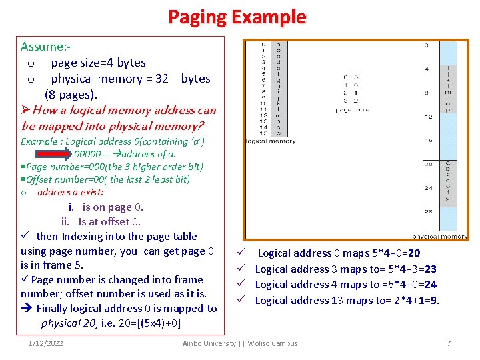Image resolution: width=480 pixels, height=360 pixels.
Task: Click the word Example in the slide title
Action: (269, 17)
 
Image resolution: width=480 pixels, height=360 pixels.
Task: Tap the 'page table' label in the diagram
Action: (352, 109)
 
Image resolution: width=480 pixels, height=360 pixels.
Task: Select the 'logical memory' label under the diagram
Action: (271, 141)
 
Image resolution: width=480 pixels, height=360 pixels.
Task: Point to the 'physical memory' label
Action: (439, 236)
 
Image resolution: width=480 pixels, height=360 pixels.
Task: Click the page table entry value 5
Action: (357, 77)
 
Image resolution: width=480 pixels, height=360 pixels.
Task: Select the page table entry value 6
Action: (357, 85)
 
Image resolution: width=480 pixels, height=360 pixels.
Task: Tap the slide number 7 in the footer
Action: (449, 343)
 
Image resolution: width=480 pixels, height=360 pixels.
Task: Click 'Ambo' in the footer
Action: (193, 343)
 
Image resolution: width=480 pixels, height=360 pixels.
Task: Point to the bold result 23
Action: (430, 269)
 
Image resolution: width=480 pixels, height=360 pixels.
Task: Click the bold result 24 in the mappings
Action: (430, 284)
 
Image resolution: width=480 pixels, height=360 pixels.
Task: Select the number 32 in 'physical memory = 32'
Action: (161, 79)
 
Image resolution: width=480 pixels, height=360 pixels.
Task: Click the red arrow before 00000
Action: (57, 154)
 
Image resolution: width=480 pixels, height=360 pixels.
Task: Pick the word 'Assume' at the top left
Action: (41, 47)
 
